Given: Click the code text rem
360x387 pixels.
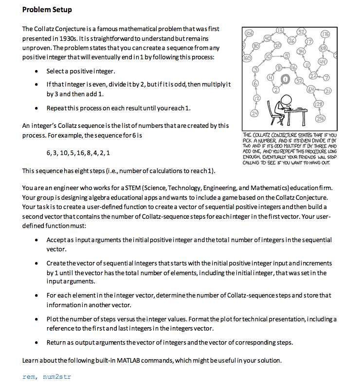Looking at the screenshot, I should [29, 376].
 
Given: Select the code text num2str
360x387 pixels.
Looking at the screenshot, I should [57, 376].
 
